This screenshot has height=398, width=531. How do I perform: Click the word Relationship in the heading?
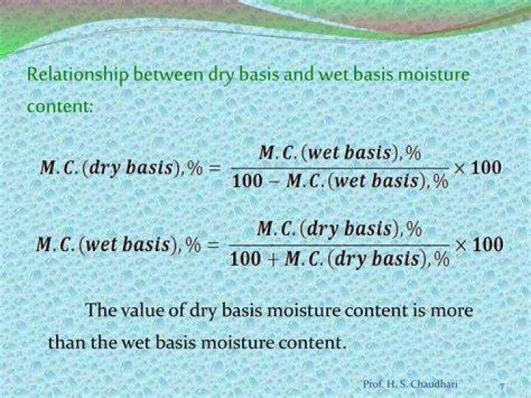[x=77, y=75]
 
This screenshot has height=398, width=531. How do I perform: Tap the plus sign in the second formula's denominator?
[x=274, y=260]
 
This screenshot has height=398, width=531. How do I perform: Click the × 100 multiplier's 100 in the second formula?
[x=487, y=244]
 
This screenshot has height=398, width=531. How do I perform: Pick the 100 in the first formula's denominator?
[x=247, y=181]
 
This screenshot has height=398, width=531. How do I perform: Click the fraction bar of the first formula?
[x=340, y=168]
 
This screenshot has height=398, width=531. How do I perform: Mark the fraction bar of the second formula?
[x=339, y=245]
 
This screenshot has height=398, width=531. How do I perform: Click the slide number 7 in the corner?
[x=502, y=385]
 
